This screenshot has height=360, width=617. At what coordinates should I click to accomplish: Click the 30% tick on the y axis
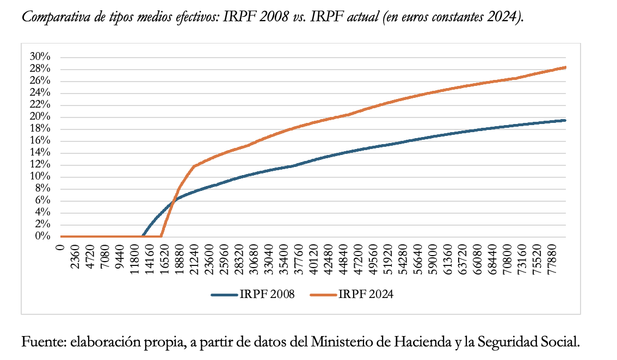click(x=40, y=57)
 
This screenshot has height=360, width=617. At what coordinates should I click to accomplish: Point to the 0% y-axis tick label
click(x=42, y=237)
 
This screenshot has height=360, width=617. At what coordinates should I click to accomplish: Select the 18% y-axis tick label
click(x=40, y=129)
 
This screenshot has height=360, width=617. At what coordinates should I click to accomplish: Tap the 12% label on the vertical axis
click(x=40, y=165)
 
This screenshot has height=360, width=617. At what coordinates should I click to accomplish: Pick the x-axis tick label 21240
click(x=195, y=257)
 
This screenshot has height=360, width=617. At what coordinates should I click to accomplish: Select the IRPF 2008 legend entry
click(x=254, y=295)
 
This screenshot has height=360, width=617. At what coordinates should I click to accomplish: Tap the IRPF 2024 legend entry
click(x=352, y=295)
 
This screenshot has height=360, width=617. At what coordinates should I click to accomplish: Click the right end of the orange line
click(x=566, y=67)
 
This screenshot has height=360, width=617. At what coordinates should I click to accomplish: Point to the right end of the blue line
click(x=566, y=120)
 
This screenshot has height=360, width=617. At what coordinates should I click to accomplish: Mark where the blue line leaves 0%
click(x=143, y=236)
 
